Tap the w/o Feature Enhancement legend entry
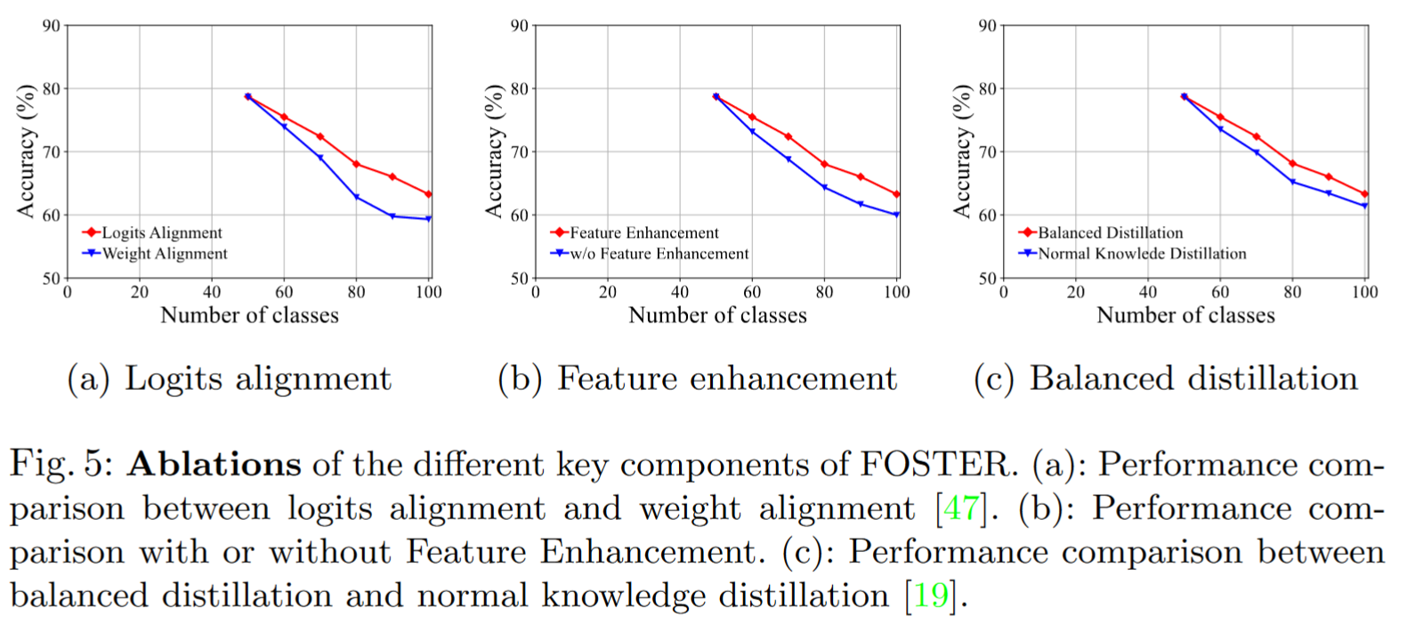click(x=659, y=254)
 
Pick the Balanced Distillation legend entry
click(x=1110, y=232)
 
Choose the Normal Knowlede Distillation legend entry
click(x=1142, y=254)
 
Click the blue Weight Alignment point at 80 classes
click(x=357, y=197)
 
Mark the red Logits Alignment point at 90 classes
click(x=392, y=177)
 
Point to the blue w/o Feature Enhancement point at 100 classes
click(x=896, y=215)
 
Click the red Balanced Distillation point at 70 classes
click(x=1257, y=137)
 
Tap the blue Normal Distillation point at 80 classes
click(x=1293, y=183)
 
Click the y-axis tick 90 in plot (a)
click(x=51, y=26)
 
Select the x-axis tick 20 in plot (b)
click(x=608, y=292)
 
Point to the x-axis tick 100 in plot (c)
click(x=1364, y=292)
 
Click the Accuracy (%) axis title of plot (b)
click(x=494, y=151)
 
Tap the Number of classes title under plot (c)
click(x=1185, y=315)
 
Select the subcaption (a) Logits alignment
click(x=229, y=378)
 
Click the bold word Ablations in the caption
click(x=214, y=464)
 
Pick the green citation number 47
click(x=960, y=508)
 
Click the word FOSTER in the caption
click(x=934, y=464)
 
